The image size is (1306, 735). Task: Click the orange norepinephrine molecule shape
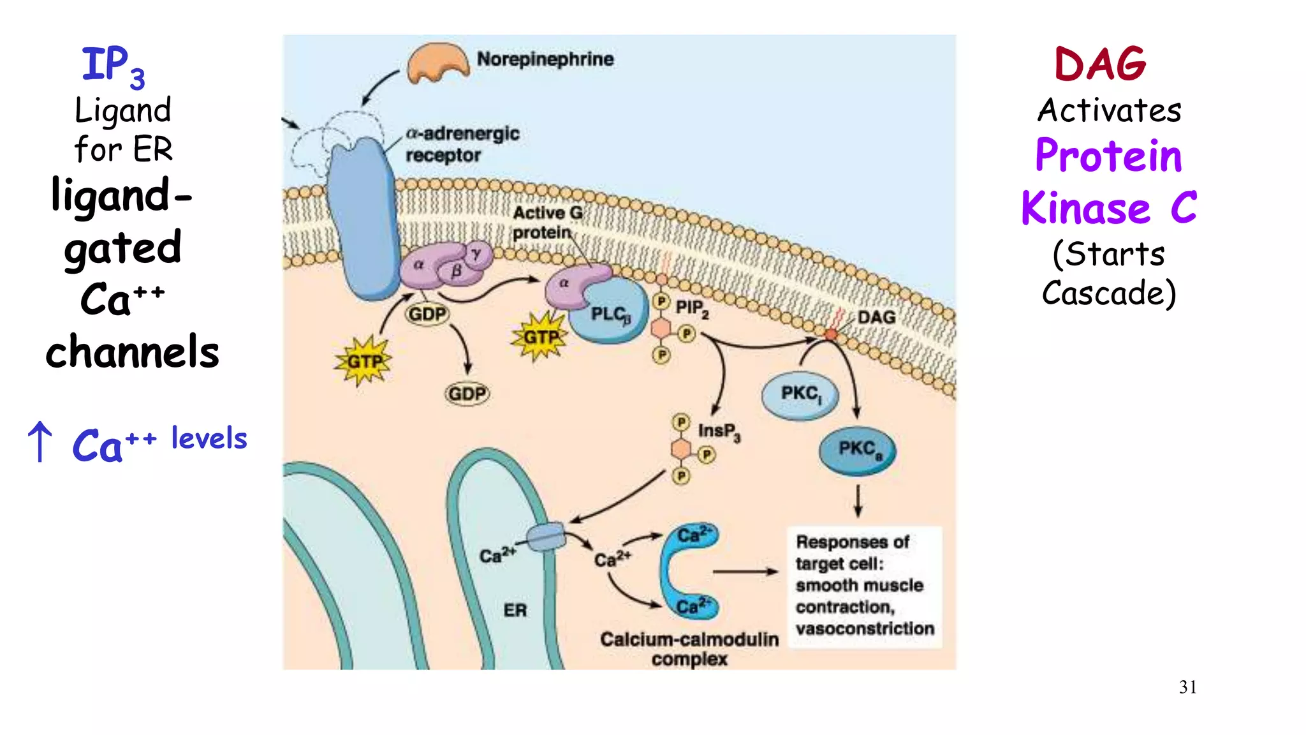point(438,63)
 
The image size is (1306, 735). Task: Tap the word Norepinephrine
point(545,59)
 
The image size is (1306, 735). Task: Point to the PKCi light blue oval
point(800,394)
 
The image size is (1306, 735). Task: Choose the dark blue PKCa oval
point(858,450)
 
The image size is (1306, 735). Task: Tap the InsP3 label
point(719,432)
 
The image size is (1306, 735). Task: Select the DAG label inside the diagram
point(876,317)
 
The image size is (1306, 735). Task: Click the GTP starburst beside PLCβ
point(539,336)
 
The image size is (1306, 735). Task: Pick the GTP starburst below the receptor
point(363,362)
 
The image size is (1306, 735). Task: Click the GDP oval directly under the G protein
point(427,314)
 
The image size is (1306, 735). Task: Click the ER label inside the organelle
point(515,611)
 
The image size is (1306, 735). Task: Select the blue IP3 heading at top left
point(113,66)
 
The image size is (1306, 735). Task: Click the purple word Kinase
point(1085,209)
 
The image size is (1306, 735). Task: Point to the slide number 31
point(1187,687)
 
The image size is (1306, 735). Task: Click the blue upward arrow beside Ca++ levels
point(40,441)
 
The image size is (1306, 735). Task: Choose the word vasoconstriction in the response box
point(865,629)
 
